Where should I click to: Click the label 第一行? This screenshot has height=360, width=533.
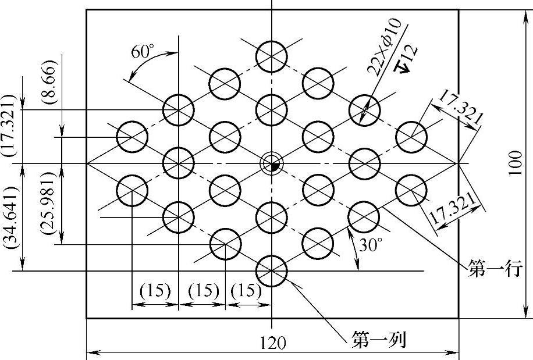pos(493,269)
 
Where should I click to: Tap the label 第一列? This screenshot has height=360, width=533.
pos(378,339)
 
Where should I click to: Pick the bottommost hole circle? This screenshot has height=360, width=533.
pos(272,271)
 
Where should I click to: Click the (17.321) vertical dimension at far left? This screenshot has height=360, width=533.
pos(10,124)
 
